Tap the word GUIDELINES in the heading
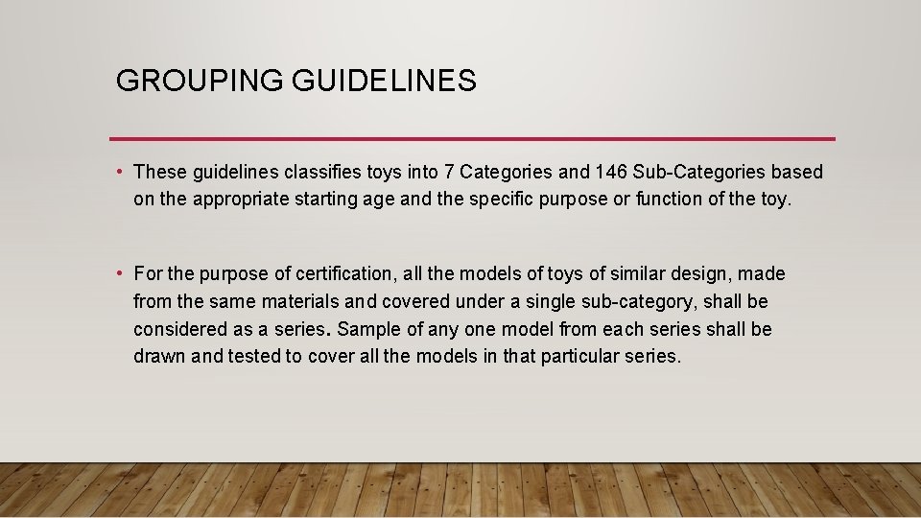(x=385, y=82)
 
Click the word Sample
(x=368, y=329)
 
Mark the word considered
(x=179, y=329)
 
